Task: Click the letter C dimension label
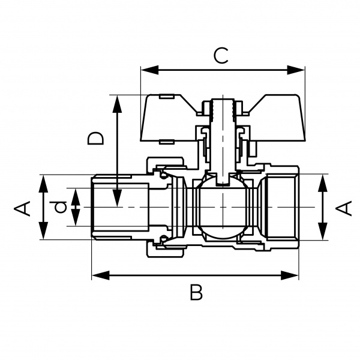(221, 56)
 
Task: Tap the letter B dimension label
(196, 293)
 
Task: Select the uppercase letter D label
(95, 138)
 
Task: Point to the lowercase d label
(60, 208)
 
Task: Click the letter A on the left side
(22, 208)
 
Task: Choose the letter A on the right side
(343, 208)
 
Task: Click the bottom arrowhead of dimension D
(118, 198)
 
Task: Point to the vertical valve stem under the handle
(223, 144)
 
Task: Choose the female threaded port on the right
(282, 208)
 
